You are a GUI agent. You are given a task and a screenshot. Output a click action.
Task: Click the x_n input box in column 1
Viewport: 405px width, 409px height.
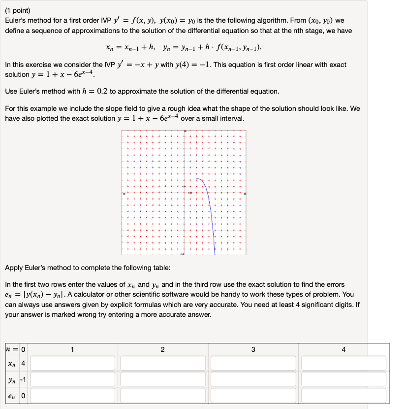(x=72, y=364)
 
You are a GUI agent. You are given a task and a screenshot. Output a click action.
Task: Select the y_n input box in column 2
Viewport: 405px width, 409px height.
(x=163, y=380)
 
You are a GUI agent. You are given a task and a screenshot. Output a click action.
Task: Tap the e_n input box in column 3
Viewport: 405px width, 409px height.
(x=253, y=396)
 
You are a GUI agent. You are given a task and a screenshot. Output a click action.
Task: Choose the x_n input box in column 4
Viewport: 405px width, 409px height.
(x=344, y=364)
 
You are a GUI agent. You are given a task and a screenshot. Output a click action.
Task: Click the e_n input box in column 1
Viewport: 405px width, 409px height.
(x=72, y=396)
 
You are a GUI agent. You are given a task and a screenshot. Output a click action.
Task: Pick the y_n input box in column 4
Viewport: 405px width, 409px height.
(x=344, y=380)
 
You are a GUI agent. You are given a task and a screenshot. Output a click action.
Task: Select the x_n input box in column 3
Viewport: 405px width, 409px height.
(x=253, y=364)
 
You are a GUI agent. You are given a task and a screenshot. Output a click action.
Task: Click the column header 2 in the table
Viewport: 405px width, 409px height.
(x=163, y=349)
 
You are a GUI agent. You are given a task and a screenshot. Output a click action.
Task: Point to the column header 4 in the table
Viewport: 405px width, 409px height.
(x=343, y=349)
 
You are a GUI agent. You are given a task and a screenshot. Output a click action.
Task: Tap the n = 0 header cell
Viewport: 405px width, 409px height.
(x=16, y=349)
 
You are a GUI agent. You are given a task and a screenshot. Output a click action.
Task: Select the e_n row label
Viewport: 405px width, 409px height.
(x=11, y=396)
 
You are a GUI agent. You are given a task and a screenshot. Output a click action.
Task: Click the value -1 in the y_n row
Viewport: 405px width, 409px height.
(x=22, y=380)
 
